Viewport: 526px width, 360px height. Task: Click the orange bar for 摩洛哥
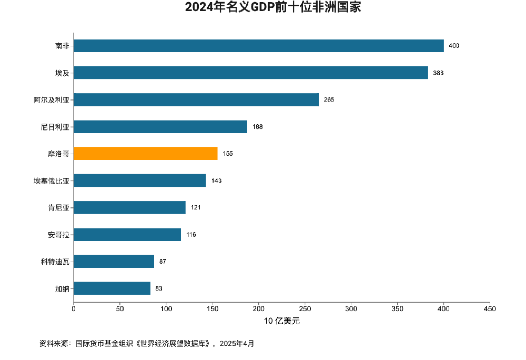pyautogui.click(x=146, y=153)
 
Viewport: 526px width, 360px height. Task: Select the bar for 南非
pyautogui.click(x=259, y=46)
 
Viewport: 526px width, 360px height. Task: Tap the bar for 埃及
pyautogui.click(x=251, y=73)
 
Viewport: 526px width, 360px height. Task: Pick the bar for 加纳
pyautogui.click(x=112, y=288)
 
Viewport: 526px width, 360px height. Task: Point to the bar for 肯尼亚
pyautogui.click(x=130, y=207)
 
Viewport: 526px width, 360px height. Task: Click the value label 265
pyautogui.click(x=329, y=99)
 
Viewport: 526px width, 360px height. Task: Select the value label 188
pyautogui.click(x=258, y=127)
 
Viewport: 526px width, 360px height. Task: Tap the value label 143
pyautogui.click(x=217, y=181)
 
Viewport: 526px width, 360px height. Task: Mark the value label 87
pyautogui.click(x=163, y=262)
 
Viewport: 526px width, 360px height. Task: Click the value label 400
pyautogui.click(x=454, y=46)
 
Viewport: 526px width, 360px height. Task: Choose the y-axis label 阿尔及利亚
pyautogui.click(x=52, y=99)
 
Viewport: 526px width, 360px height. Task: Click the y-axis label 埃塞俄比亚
pyautogui.click(x=52, y=181)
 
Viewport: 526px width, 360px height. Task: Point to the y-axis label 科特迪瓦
pyautogui.click(x=55, y=262)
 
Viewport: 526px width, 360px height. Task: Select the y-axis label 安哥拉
pyautogui.click(x=58, y=234)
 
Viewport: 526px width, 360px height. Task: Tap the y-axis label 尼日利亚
pyautogui.click(x=55, y=127)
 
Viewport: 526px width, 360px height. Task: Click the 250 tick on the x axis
pyautogui.click(x=305, y=309)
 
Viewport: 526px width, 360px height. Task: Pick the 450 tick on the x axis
pyautogui.click(x=490, y=309)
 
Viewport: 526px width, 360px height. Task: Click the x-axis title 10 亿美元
pyautogui.click(x=282, y=321)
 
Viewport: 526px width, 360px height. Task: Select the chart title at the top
pyautogui.click(x=273, y=8)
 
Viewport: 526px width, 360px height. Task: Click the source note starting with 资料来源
pyautogui.click(x=147, y=344)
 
